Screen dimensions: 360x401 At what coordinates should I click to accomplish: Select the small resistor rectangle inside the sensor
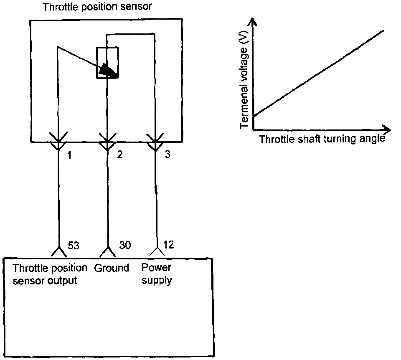pyautogui.click(x=108, y=62)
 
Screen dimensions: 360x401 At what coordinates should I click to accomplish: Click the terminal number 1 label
pyautogui.click(x=69, y=155)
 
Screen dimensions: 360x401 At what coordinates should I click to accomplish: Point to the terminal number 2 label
pyautogui.click(x=120, y=155)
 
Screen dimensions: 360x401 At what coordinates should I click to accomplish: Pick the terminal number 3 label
pyautogui.click(x=167, y=155)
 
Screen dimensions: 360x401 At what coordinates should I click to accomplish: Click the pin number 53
pyautogui.click(x=73, y=246)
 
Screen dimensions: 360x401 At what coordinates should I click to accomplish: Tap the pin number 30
pyautogui.click(x=125, y=246)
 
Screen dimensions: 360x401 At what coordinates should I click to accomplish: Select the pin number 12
pyautogui.click(x=168, y=245)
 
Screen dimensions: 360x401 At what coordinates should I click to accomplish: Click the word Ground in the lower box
pyautogui.click(x=112, y=268)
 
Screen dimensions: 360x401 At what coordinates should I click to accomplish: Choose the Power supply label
pyautogui.click(x=157, y=274)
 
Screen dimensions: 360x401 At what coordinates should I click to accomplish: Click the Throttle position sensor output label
pyautogui.click(x=50, y=274)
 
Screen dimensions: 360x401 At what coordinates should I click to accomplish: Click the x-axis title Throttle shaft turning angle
pyautogui.click(x=322, y=139)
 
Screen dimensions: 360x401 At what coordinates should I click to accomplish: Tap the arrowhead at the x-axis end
pyautogui.click(x=387, y=129)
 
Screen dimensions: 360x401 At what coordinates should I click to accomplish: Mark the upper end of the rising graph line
pyautogui.click(x=383, y=30)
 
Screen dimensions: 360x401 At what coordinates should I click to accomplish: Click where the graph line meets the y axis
pyautogui.click(x=254, y=116)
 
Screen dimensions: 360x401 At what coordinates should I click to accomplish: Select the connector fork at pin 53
pyautogui.click(x=59, y=251)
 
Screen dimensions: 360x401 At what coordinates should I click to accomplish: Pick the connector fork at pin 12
pyautogui.click(x=157, y=251)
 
